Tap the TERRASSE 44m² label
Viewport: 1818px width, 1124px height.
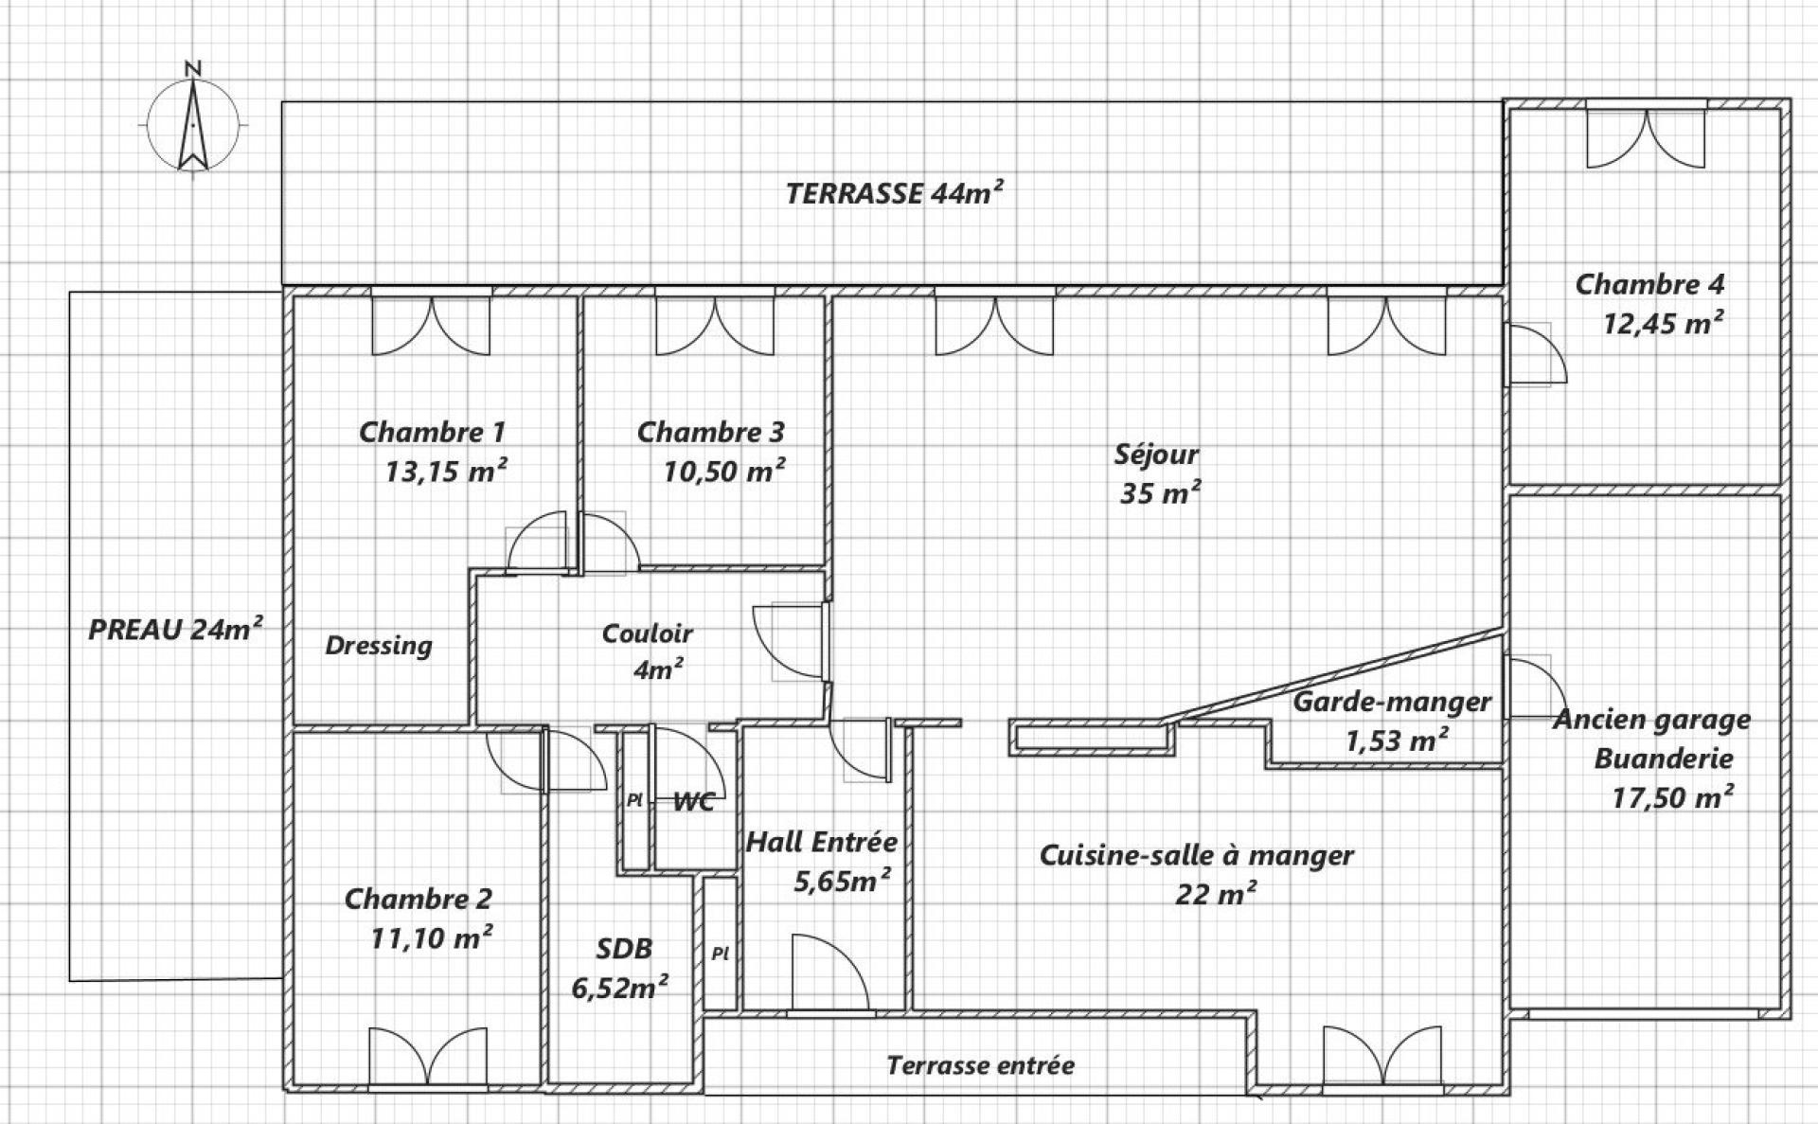coord(894,193)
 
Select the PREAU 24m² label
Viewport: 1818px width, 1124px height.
coord(175,629)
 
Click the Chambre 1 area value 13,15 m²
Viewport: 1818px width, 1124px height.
coord(445,471)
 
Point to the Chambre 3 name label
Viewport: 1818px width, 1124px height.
coord(710,432)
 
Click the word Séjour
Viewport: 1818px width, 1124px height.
coord(1156,455)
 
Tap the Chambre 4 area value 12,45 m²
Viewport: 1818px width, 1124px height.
coord(1663,324)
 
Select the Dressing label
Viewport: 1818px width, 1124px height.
coord(379,646)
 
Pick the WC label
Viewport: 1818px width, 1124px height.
coord(693,802)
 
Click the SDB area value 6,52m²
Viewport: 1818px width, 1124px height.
coord(620,988)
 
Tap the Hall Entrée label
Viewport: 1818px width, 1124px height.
coord(821,842)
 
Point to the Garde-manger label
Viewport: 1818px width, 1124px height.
coord(1392,703)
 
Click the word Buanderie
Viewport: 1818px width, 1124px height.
coord(1664,758)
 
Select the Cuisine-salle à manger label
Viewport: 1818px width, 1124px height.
coord(1197,855)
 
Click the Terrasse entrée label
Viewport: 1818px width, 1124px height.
coord(980,1065)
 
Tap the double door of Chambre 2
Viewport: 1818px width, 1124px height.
coord(427,1056)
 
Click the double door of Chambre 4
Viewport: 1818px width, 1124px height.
coord(1647,138)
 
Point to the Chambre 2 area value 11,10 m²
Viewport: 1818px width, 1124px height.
coord(431,937)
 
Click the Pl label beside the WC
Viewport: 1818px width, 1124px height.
coord(634,800)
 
